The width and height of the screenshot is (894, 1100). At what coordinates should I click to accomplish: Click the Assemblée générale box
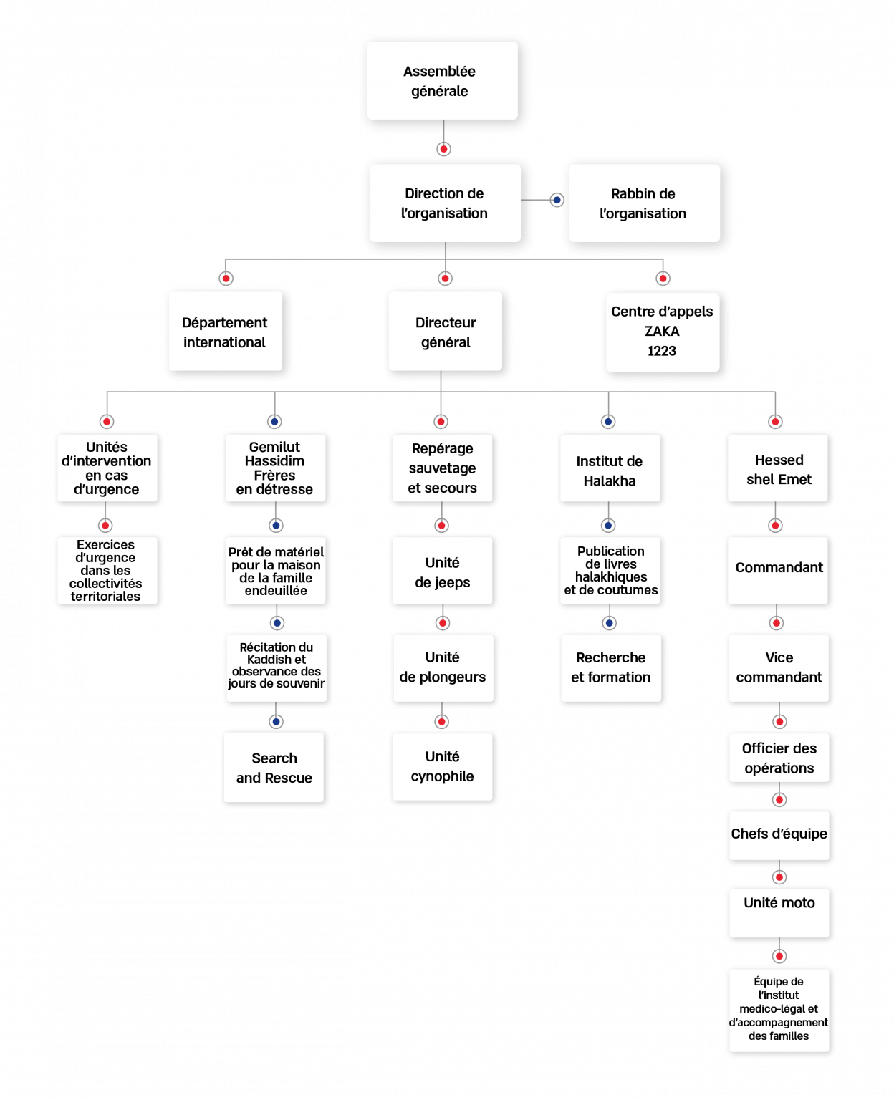442,81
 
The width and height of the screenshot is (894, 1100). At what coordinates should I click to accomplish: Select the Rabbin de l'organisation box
644,203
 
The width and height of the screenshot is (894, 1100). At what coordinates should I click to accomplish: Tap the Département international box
225,332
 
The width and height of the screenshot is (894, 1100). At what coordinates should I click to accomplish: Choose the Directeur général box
445,332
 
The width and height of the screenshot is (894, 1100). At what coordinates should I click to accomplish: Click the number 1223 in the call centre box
662,351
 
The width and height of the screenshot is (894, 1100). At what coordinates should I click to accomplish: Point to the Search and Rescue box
274,768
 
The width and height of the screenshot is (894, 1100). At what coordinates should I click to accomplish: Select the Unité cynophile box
442,766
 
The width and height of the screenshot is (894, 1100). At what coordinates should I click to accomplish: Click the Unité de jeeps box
442,571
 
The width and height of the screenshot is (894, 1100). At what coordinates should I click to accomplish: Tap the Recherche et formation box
610,667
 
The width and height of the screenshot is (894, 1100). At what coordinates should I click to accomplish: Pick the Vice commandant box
779,667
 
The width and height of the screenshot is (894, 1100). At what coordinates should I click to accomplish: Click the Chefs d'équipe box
779,835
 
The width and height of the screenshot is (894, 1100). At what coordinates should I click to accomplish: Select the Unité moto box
779,913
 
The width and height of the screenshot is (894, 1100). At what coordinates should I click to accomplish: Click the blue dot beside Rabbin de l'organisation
557,201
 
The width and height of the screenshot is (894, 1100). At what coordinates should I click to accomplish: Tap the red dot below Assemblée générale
444,149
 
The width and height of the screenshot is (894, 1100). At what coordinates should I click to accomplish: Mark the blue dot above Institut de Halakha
608,422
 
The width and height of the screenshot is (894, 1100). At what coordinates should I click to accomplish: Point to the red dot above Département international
226,279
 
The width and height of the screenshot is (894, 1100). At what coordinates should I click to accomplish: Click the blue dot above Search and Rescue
276,721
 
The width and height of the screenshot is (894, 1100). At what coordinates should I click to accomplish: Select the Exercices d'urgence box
107,571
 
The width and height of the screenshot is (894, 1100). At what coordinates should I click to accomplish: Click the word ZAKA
662,332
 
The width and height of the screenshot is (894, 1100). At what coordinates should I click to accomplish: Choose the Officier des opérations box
779,758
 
